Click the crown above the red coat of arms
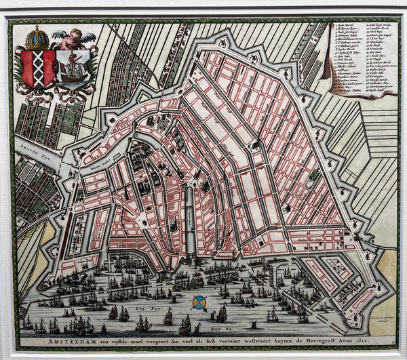pyautogui.click(x=37, y=37)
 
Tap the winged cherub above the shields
pyautogui.click(x=71, y=40)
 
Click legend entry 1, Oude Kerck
pyautogui.click(x=347, y=26)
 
